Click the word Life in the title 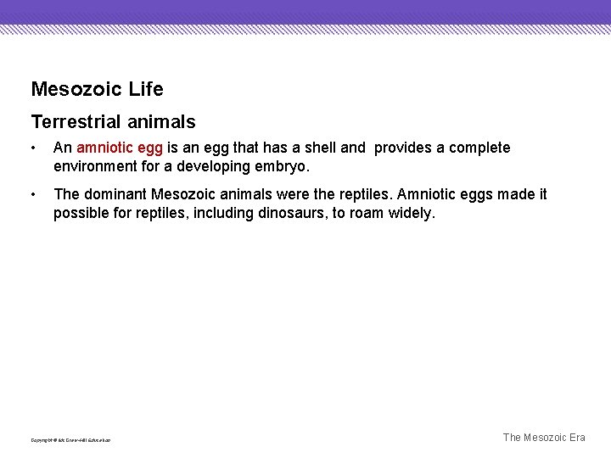(x=146, y=89)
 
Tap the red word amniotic (x=105, y=148)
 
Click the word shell (x=319, y=148)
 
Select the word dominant (x=115, y=194)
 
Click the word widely (x=411, y=213)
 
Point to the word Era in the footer (x=574, y=438)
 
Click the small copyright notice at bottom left (x=70, y=440)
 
